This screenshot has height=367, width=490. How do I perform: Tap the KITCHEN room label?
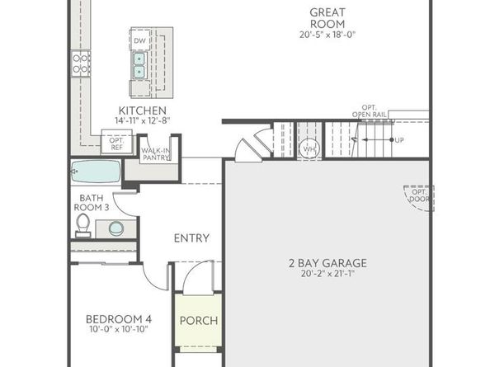click(143, 111)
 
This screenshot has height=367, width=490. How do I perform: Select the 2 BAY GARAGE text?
click(327, 264)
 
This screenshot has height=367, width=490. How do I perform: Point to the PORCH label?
click(198, 321)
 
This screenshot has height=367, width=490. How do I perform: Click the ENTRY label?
click(191, 238)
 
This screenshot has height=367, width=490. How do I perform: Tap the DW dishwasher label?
click(139, 40)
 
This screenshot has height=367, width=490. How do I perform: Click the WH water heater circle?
click(309, 149)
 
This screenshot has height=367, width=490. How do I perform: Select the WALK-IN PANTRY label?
click(156, 155)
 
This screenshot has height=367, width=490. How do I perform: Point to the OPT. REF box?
click(115, 143)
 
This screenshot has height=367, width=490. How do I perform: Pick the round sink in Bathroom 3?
click(116, 228)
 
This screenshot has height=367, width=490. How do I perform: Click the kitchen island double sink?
click(139, 65)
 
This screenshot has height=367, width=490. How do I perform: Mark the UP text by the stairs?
click(399, 140)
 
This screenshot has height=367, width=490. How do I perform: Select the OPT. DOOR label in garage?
click(417, 197)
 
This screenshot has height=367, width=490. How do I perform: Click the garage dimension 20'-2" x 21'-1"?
click(327, 275)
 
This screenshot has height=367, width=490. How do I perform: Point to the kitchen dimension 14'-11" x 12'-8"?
click(143, 121)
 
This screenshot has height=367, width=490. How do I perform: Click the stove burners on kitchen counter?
click(80, 64)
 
